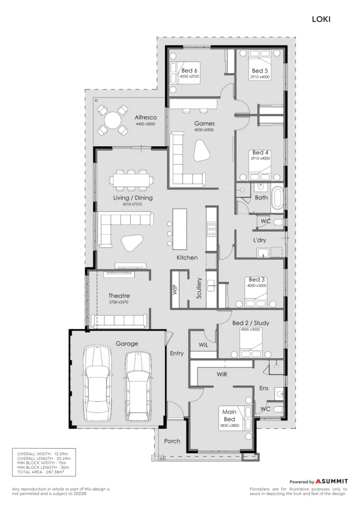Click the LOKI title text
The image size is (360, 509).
point(321,19)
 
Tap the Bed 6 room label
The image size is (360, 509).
point(189,71)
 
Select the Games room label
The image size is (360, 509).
point(204,123)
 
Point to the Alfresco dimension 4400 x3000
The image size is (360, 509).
point(145,124)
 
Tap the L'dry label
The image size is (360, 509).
point(260,240)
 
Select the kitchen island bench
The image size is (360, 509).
point(180,229)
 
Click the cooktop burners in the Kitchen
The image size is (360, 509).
point(211,229)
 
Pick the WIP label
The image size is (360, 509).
point(175,289)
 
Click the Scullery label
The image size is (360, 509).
point(199,288)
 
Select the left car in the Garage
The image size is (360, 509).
point(98,384)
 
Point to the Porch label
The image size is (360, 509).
point(172,441)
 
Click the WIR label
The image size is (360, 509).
point(222,374)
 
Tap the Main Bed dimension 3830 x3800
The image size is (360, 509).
point(230,425)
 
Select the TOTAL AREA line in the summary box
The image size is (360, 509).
point(41,472)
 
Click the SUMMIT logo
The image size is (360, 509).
point(332,481)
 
